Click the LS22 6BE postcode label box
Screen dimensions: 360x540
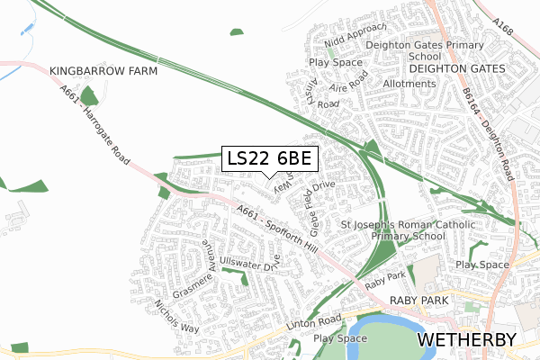click(x=269, y=158)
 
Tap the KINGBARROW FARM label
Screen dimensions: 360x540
click(x=103, y=70)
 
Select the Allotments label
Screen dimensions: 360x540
click(x=409, y=84)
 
